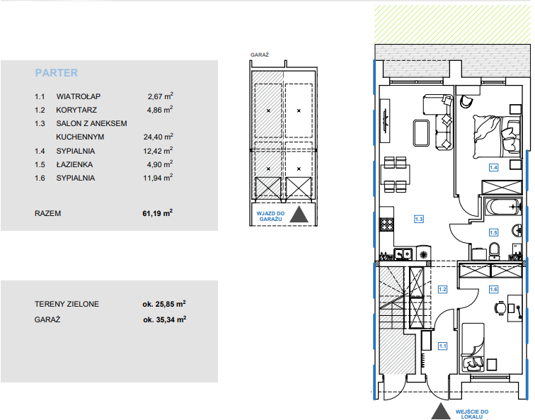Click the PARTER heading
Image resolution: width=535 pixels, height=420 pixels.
pyautogui.click(x=57, y=73)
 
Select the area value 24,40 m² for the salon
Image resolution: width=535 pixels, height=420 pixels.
pyautogui.click(x=159, y=137)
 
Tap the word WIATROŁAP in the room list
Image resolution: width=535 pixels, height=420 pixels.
pyautogui.click(x=79, y=96)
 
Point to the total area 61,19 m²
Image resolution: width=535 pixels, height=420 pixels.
pyautogui.click(x=157, y=213)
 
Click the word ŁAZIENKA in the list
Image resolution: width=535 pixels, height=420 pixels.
pyautogui.click(x=74, y=164)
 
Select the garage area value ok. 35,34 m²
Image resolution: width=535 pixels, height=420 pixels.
pyautogui.click(x=164, y=319)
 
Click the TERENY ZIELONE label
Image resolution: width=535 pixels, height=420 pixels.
pyautogui.click(x=67, y=304)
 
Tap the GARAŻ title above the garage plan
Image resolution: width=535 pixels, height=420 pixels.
pyautogui.click(x=260, y=55)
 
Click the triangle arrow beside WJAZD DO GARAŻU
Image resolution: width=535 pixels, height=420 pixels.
pyautogui.click(x=299, y=215)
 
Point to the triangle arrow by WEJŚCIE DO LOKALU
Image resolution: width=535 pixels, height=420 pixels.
pyautogui.click(x=441, y=411)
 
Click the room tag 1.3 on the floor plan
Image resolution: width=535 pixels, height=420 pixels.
pyautogui.click(x=419, y=219)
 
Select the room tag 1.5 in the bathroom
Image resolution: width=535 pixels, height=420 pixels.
pyautogui.click(x=493, y=232)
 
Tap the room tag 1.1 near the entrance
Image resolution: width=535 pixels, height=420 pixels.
pyautogui.click(x=442, y=346)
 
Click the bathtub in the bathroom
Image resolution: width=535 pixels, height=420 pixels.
pyautogui.click(x=504, y=208)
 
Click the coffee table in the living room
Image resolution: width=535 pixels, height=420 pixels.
pyautogui.click(x=421, y=133)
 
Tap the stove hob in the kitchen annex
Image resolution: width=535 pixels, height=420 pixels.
pyautogui.click(x=387, y=225)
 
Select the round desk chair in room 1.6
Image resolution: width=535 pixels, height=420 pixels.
pyautogui.click(x=500, y=308)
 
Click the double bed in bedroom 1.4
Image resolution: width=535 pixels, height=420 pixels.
pyautogui.click(x=497, y=137)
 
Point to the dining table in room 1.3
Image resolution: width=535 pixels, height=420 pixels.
pyautogui.click(x=395, y=174)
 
